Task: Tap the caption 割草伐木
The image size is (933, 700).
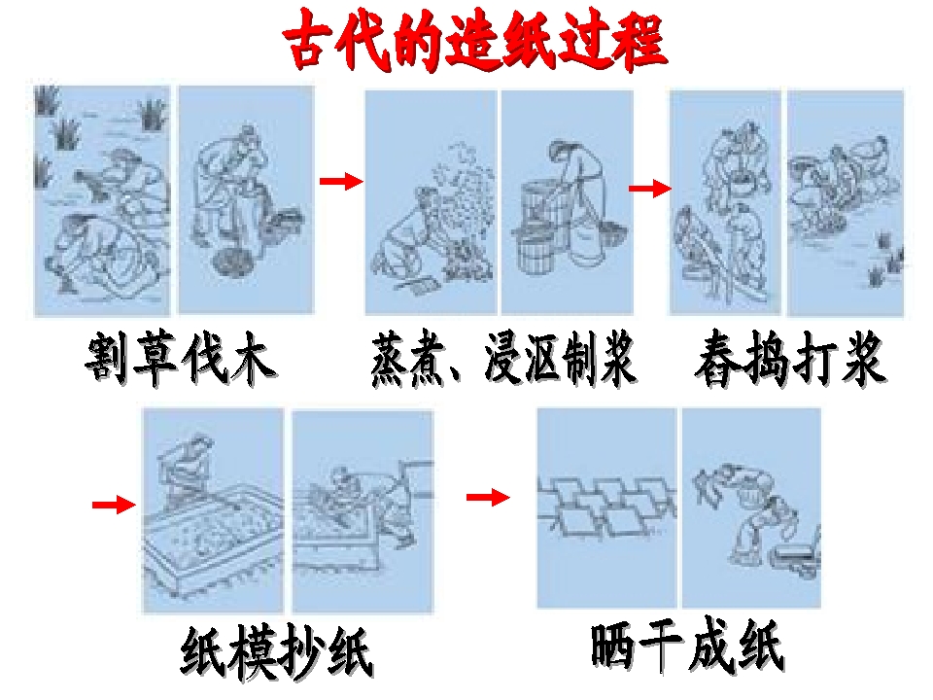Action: [x=181, y=359]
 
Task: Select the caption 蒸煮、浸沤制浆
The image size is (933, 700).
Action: [x=502, y=359]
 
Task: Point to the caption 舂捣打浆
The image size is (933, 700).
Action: [x=790, y=359]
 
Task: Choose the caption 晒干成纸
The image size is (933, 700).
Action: [x=687, y=646]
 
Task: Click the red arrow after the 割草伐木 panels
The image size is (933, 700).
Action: [x=341, y=181]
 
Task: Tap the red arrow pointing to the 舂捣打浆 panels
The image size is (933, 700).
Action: [x=649, y=188]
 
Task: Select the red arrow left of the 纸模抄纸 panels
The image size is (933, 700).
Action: [x=114, y=505]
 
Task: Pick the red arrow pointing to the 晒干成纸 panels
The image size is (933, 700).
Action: [x=488, y=497]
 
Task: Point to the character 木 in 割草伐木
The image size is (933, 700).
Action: [x=254, y=359]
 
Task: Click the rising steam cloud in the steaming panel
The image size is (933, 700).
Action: [x=465, y=179]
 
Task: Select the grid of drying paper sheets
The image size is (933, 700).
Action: [x=605, y=505]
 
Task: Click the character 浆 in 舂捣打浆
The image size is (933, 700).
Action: [x=864, y=359]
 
